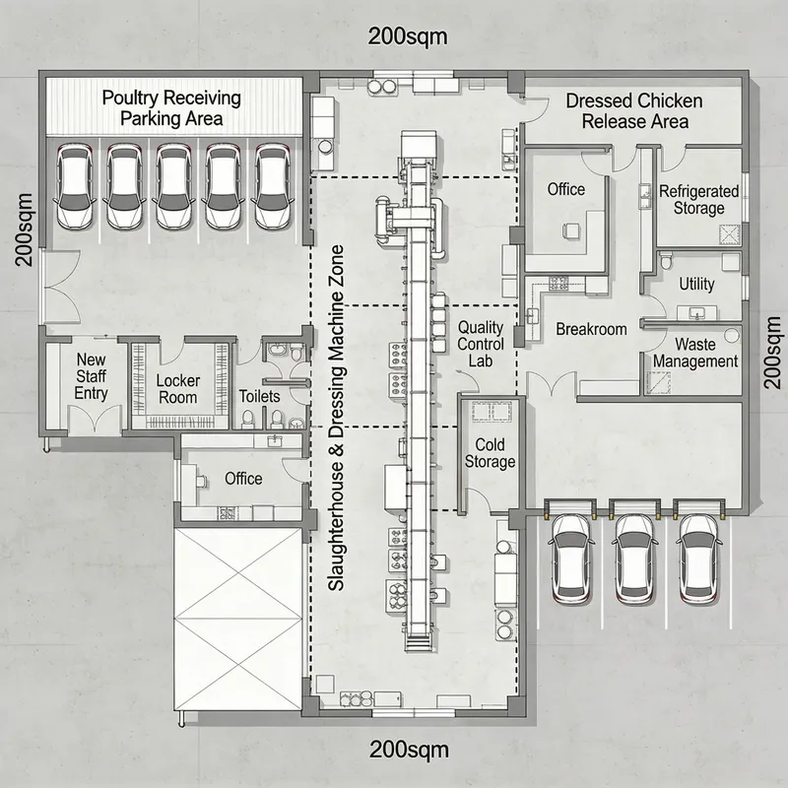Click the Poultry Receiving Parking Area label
(172, 108)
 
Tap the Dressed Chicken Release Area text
(633, 111)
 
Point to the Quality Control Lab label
(481, 344)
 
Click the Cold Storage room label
(489, 453)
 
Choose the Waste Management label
(694, 353)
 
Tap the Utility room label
(696, 284)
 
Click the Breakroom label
(591, 329)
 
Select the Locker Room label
(178, 389)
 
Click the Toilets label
(260, 396)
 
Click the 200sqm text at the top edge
(408, 36)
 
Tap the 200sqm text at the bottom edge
(408, 748)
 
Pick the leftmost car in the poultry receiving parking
(75, 187)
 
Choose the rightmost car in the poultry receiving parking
(272, 187)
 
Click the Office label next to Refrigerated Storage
(565, 189)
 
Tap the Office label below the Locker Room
(242, 478)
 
